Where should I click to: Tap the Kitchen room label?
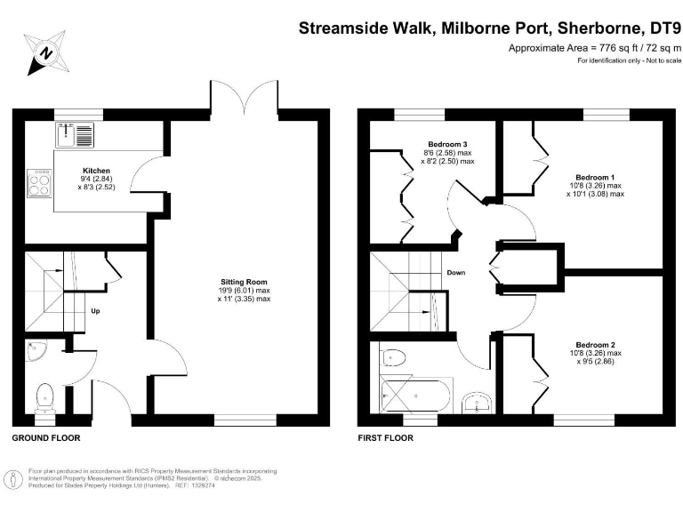(96, 170)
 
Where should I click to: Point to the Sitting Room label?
(244, 281)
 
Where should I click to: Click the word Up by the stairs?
(96, 311)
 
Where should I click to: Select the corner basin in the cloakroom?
(35, 351)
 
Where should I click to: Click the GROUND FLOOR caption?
(45, 438)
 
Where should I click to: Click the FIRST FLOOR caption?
(385, 438)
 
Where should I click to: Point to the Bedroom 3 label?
(446, 144)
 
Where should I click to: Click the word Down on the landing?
(456, 273)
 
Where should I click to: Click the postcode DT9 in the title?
(657, 28)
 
